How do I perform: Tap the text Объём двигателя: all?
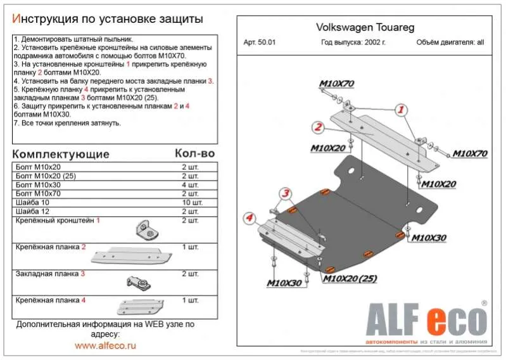tap(450, 43)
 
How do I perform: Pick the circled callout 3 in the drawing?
tap(286, 193)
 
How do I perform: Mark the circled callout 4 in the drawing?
tap(250, 219)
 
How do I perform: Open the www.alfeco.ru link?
tap(105, 345)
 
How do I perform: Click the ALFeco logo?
tap(424, 320)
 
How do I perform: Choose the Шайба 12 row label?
tap(31, 211)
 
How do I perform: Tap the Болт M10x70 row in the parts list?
tap(39, 193)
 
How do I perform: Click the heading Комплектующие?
tap(61, 154)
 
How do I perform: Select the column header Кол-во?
tap(194, 154)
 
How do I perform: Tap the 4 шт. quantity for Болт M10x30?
tap(190, 184)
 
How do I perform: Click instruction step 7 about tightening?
tap(67, 122)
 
